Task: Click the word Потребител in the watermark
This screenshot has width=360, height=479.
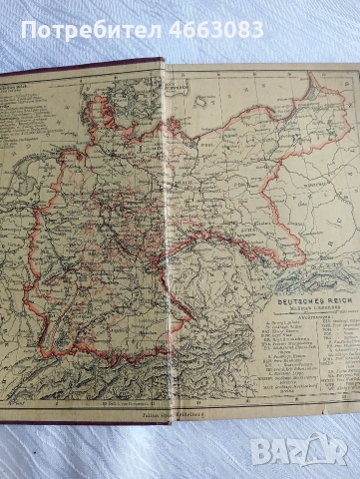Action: click(68, 31)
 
